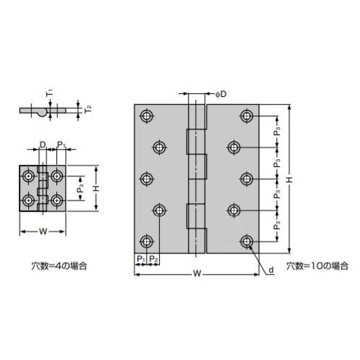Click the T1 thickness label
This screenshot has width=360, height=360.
pos(50,93)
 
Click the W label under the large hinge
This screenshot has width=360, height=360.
pos(197,274)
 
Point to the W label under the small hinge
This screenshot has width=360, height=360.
pos(43,232)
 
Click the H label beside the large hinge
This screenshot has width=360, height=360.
pos(297,178)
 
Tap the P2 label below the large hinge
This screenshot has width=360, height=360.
pos(153,259)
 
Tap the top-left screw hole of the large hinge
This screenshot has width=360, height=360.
pos(147,116)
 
